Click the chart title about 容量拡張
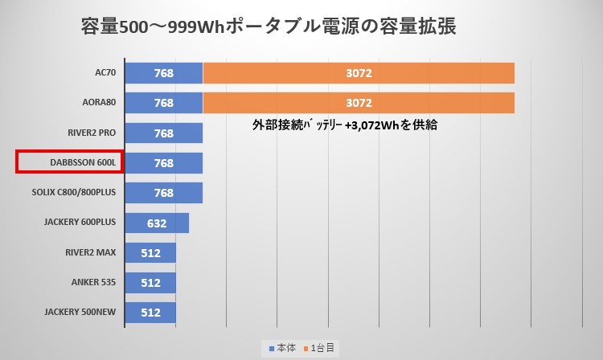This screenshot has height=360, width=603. click(x=269, y=27)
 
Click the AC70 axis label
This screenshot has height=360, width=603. click(x=105, y=73)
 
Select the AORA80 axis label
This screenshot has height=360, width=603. click(x=98, y=103)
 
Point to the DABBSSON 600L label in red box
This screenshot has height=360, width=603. click(x=69, y=162)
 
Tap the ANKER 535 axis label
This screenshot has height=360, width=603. click(x=92, y=283)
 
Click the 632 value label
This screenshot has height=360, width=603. click(x=157, y=223)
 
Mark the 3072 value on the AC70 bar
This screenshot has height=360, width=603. click(x=359, y=73)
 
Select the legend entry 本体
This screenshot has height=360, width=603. click(x=282, y=348)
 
